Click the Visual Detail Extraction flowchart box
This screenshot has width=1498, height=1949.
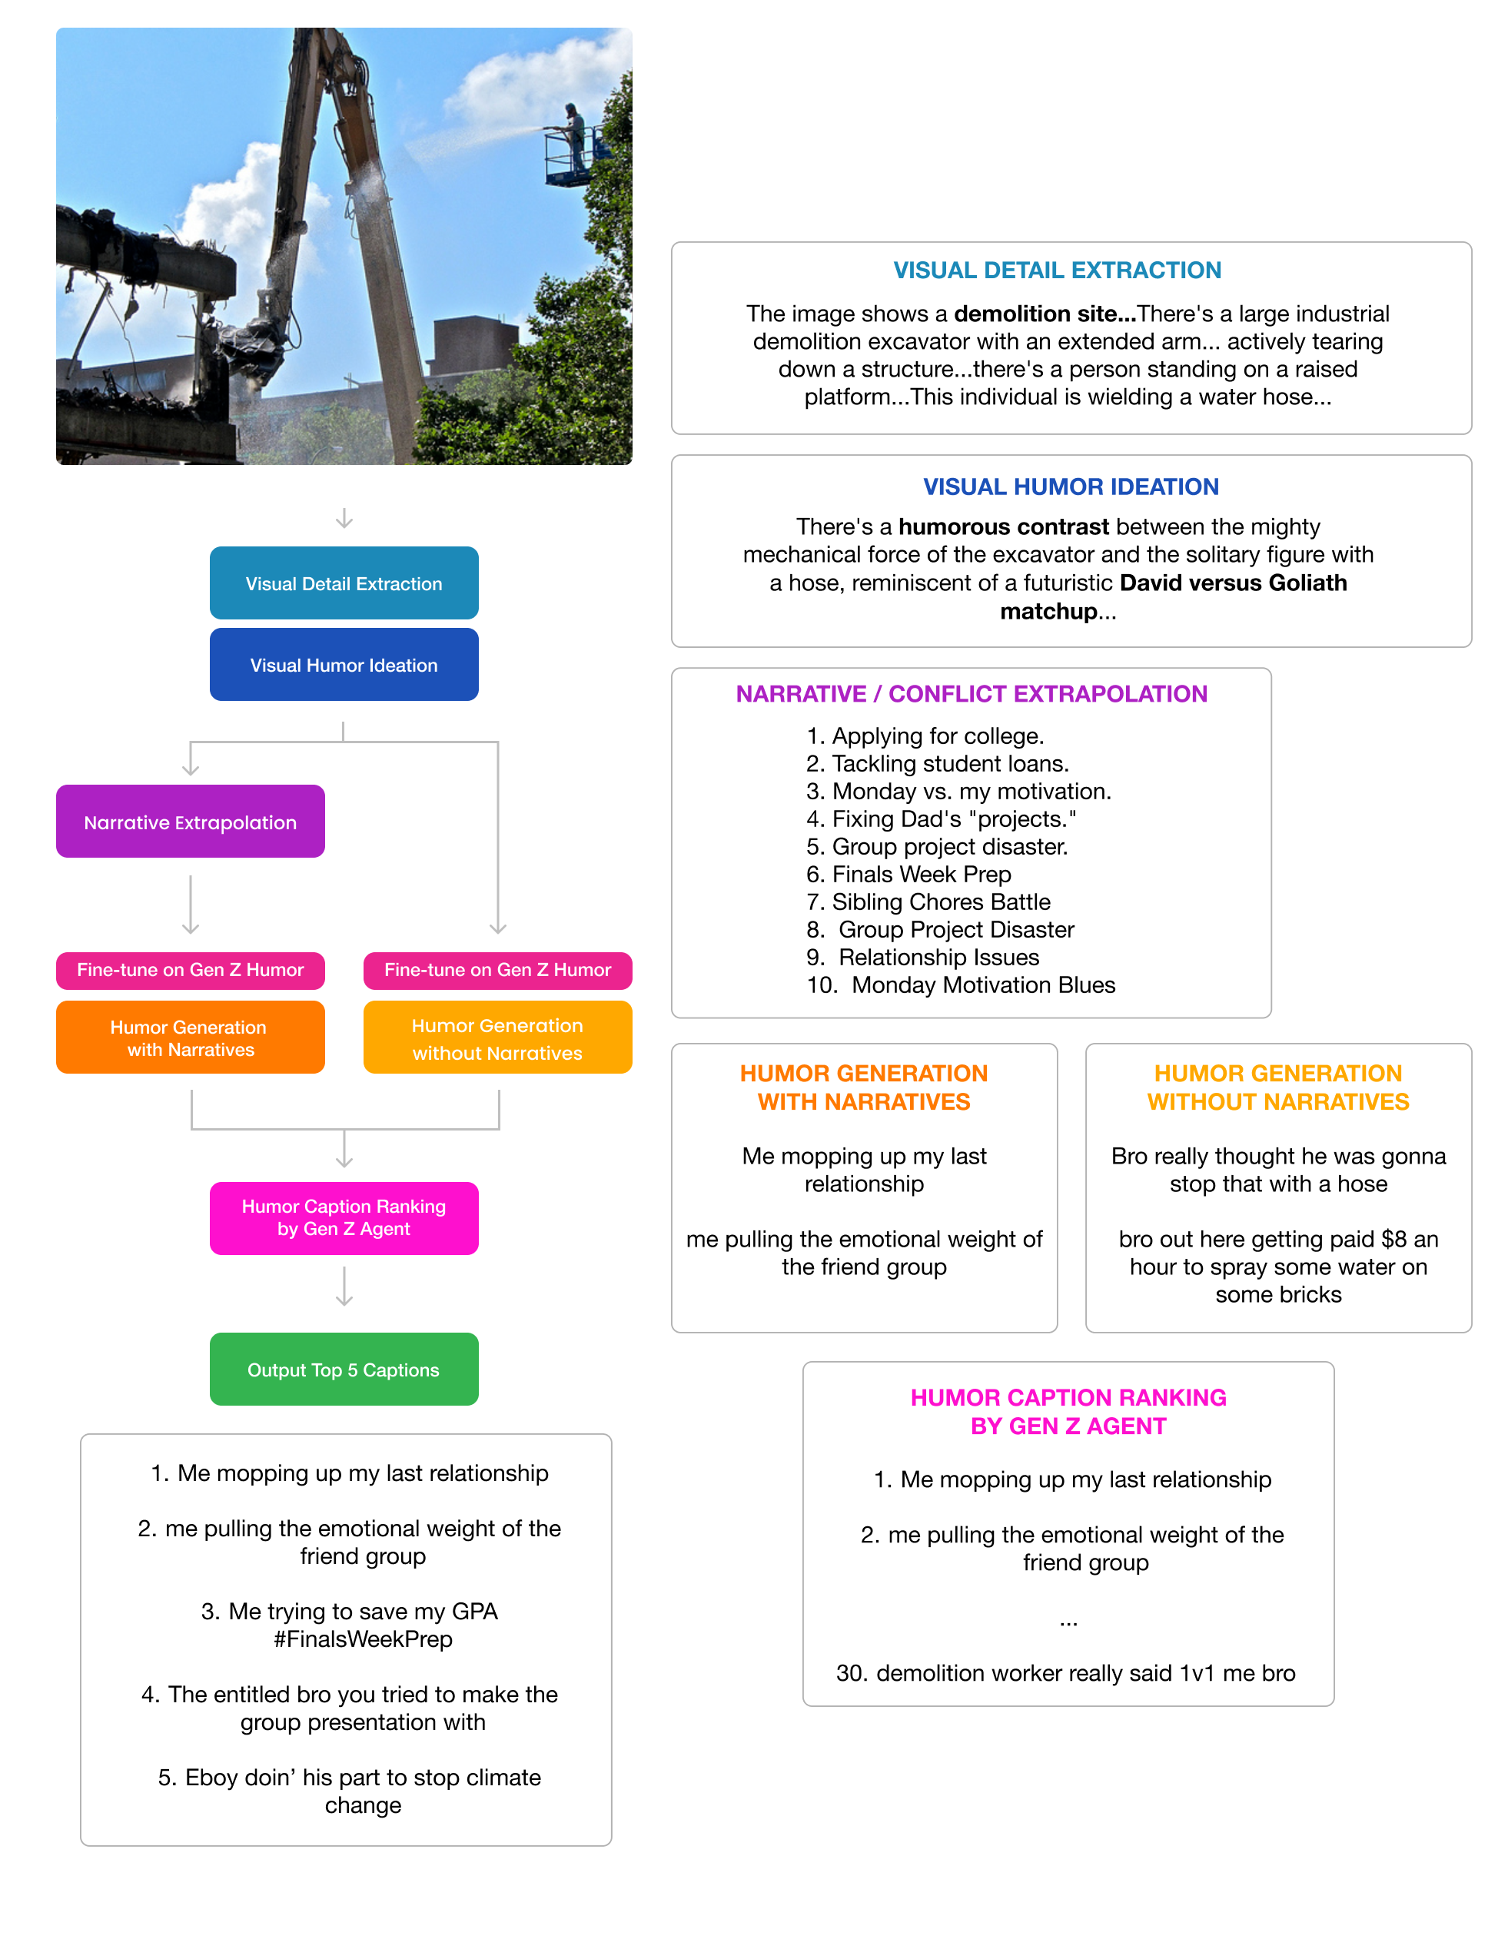point(344,583)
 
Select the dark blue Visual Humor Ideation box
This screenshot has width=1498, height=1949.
point(344,664)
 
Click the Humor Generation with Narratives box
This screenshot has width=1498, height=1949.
point(190,1037)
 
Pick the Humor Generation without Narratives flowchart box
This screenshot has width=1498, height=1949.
point(497,1037)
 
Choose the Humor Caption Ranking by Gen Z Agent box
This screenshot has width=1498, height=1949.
point(344,1217)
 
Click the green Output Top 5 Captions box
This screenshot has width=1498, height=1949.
point(344,1369)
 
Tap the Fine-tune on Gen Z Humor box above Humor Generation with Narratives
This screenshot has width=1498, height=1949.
point(190,970)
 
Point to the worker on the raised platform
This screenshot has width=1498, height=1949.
point(575,134)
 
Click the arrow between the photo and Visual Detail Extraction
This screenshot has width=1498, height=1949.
point(344,518)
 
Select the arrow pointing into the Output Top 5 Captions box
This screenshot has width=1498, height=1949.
point(344,1287)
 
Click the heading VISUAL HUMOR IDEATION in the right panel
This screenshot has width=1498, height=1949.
point(1070,486)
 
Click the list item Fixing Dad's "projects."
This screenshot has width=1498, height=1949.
point(953,818)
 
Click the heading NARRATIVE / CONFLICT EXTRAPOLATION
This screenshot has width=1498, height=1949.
point(971,694)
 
